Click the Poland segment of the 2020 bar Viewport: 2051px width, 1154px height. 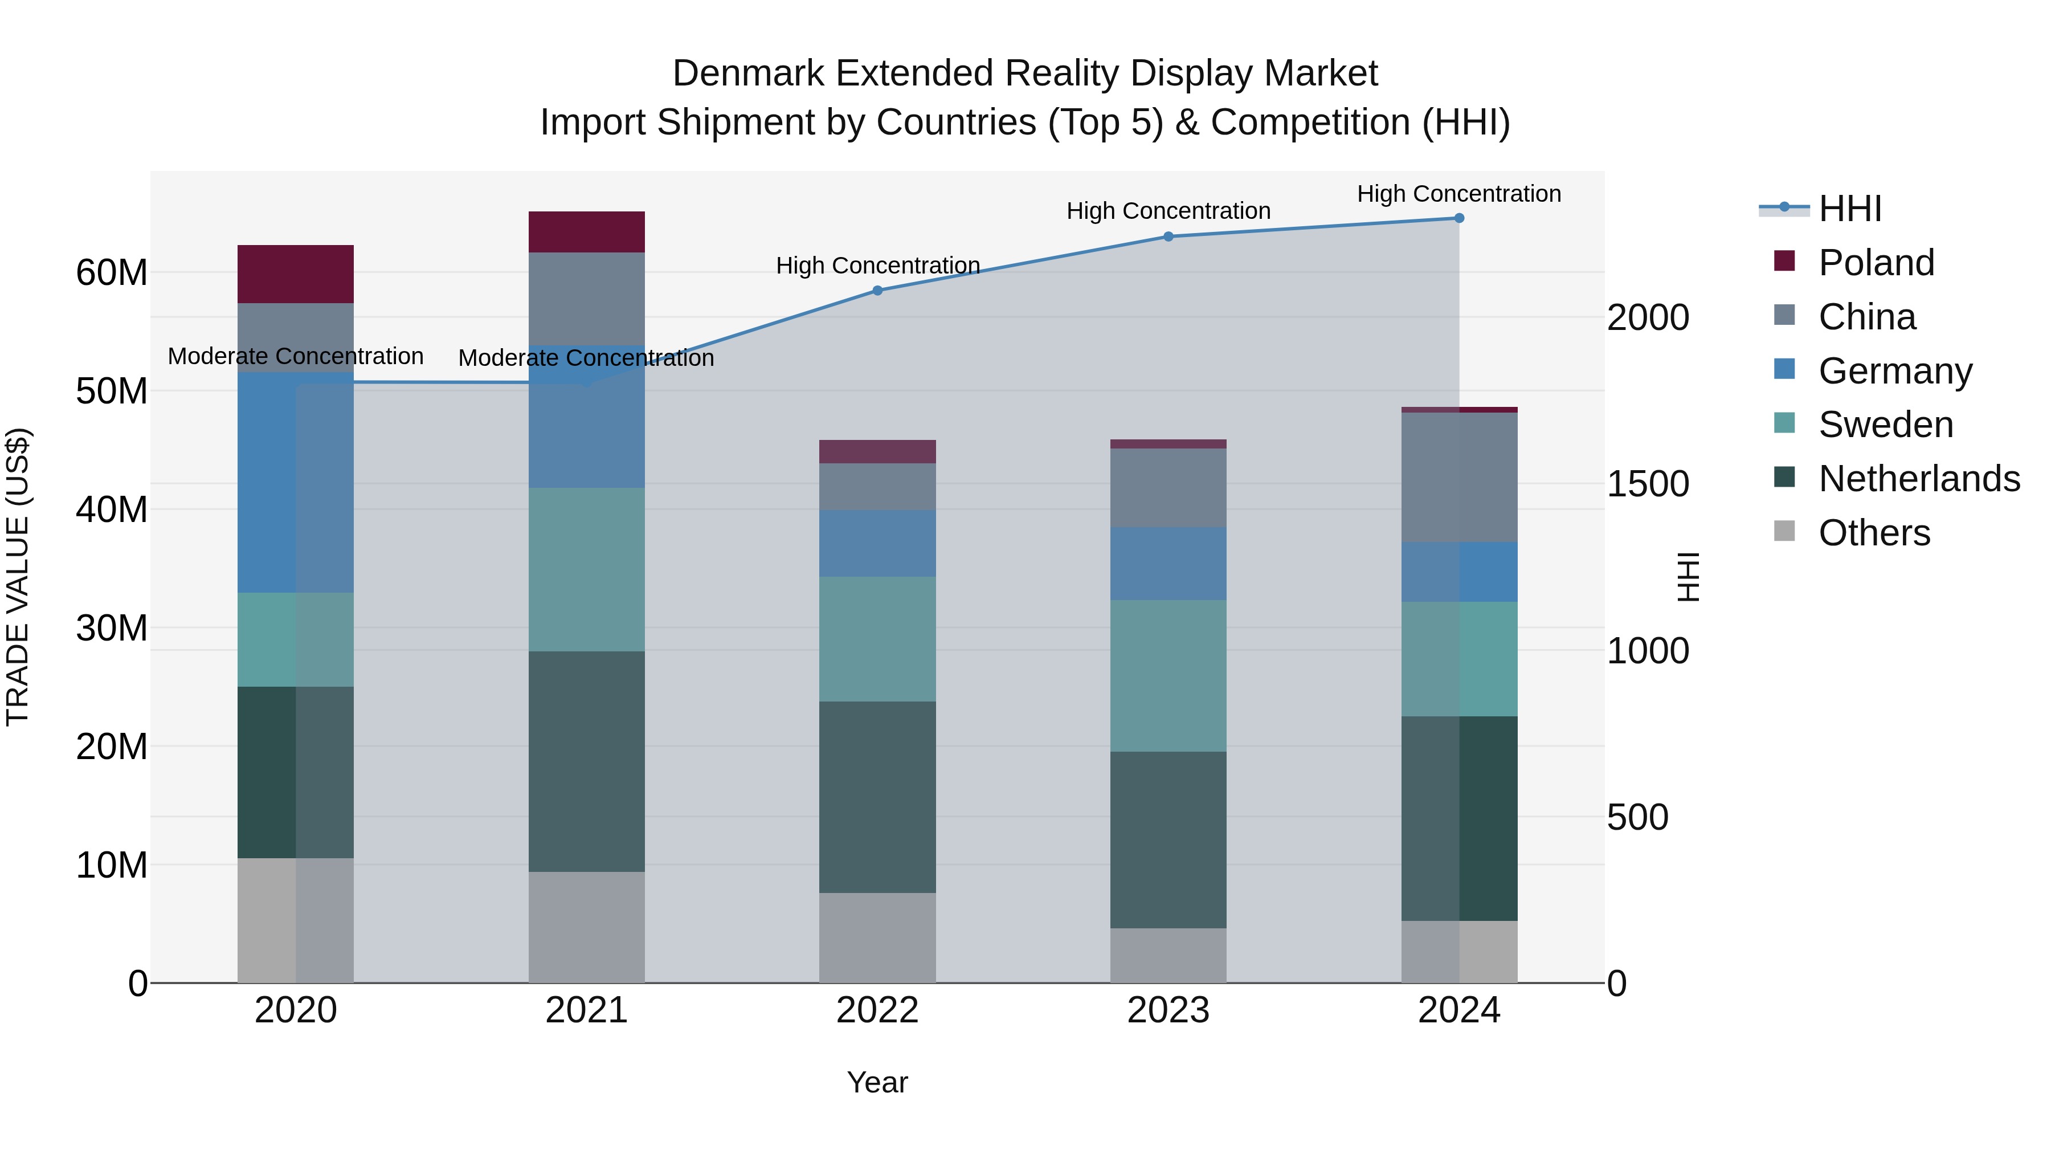coord(295,274)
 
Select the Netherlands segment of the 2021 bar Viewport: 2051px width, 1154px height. coord(586,761)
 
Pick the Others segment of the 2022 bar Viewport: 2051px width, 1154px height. coord(877,937)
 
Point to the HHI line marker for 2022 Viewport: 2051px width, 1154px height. coord(877,291)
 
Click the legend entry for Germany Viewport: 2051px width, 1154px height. coord(1895,371)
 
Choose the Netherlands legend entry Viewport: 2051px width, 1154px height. coord(1919,479)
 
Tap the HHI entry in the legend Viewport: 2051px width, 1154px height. coord(1849,209)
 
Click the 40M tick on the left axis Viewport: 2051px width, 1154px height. coord(112,509)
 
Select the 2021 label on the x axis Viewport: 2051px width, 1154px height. coord(586,1010)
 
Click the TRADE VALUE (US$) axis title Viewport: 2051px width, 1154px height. coord(18,577)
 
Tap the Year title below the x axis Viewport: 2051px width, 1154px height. coord(877,1082)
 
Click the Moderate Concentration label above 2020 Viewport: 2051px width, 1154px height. coord(295,356)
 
